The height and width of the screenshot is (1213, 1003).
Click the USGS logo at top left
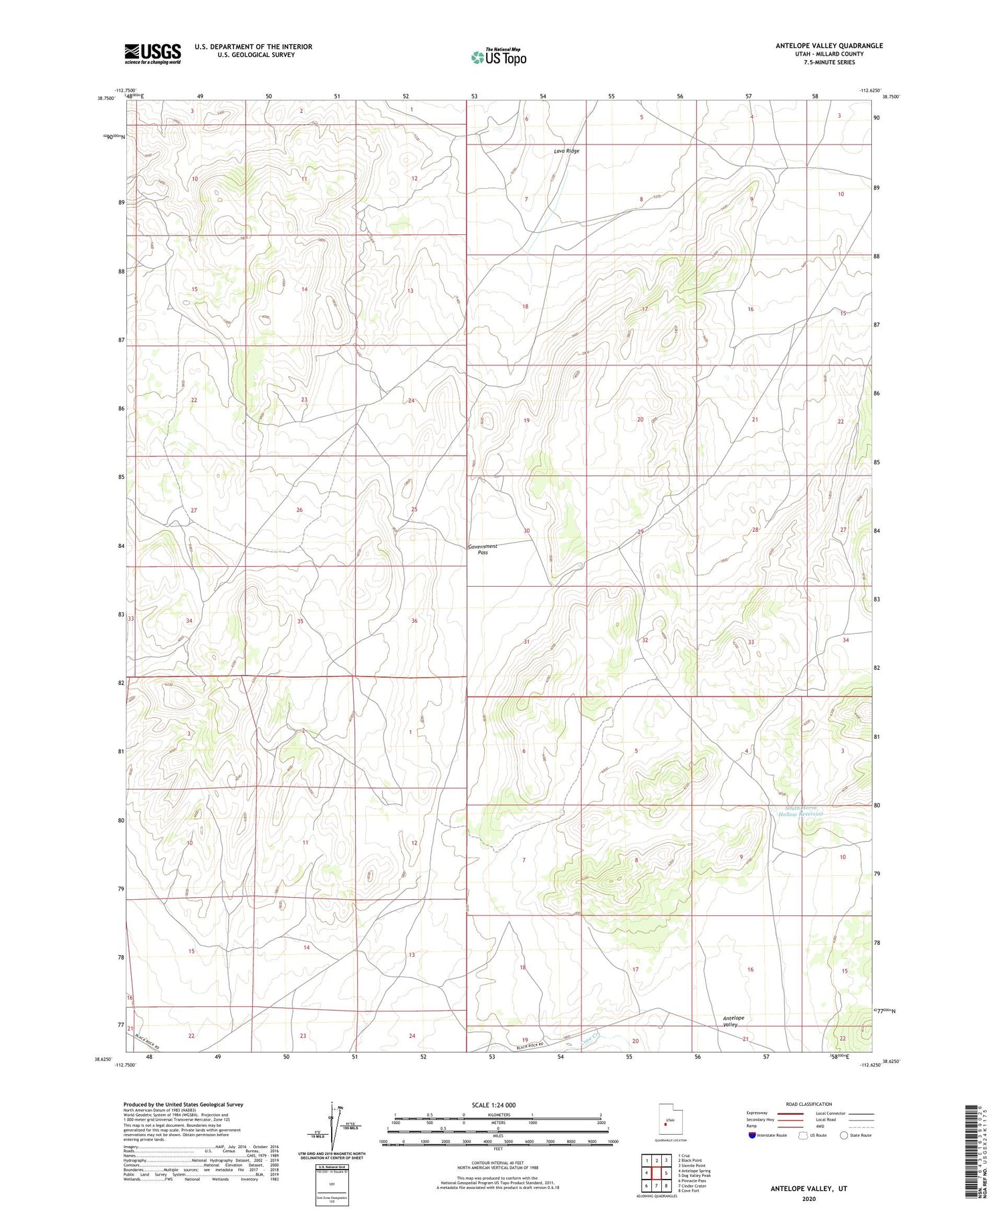click(152, 54)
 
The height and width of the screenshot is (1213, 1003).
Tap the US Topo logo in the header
click(498, 58)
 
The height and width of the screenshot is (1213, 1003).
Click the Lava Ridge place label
click(566, 151)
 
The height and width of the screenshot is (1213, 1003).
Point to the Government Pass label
click(482, 549)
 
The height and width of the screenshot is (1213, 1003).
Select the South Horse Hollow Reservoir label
click(801, 811)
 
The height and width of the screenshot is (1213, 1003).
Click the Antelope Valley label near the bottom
click(734, 1021)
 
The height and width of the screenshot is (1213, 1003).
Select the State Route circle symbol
click(844, 1135)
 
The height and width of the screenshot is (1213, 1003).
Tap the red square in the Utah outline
click(665, 1125)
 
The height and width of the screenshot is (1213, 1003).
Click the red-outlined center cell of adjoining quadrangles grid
click(657, 1173)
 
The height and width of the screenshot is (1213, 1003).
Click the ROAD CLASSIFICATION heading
click(809, 1104)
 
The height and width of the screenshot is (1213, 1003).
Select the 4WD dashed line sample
click(859, 1127)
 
